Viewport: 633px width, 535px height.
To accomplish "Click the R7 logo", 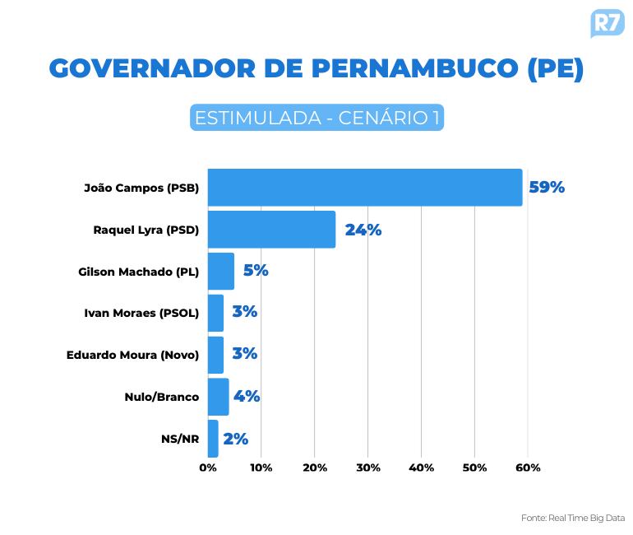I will pos(607,23).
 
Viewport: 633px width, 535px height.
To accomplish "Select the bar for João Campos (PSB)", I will pos(364,188).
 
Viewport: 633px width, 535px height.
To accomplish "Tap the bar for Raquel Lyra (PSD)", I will pos(271,230).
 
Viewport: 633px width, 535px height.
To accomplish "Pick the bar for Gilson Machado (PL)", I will pos(221,271).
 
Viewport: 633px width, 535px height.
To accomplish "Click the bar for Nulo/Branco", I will pos(218,397).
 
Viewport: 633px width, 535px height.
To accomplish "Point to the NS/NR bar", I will pos(213,439).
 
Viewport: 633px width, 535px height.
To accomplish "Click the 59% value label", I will pos(547,188).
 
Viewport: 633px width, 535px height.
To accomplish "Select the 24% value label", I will pos(363,230).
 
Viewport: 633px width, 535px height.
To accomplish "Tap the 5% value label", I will pos(256,271).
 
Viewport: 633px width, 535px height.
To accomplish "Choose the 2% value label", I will pos(235,439).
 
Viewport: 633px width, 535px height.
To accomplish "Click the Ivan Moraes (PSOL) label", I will pos(141,313).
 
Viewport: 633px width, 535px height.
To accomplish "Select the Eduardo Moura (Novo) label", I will pos(132,355).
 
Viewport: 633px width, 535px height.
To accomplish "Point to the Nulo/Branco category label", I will pos(162,397).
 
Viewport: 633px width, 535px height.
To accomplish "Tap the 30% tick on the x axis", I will pos(367,468).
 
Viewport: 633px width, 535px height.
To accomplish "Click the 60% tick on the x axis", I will pos(528,468).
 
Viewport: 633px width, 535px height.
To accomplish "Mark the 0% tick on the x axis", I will pos(208,468).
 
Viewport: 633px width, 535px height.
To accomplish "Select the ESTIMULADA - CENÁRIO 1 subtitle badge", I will pos(316,118).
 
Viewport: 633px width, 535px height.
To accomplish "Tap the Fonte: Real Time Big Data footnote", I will pos(573,518).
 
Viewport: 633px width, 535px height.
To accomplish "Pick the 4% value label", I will pos(247,397).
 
